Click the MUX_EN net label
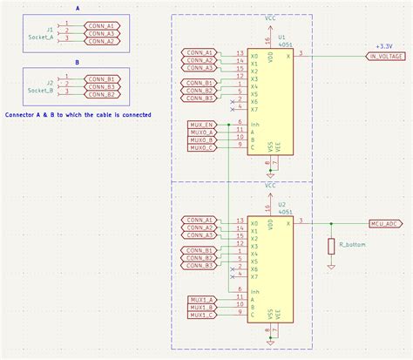[x=201, y=125]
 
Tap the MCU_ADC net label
[x=385, y=223]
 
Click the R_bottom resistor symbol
[x=331, y=247]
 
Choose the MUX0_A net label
[x=201, y=132]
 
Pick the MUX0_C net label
[x=201, y=148]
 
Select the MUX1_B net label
[x=201, y=307]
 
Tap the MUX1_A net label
[x=201, y=299]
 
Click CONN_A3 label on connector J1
[x=102, y=33]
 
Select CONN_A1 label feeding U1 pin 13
[x=200, y=53]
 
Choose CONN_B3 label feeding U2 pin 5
[x=200, y=266]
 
